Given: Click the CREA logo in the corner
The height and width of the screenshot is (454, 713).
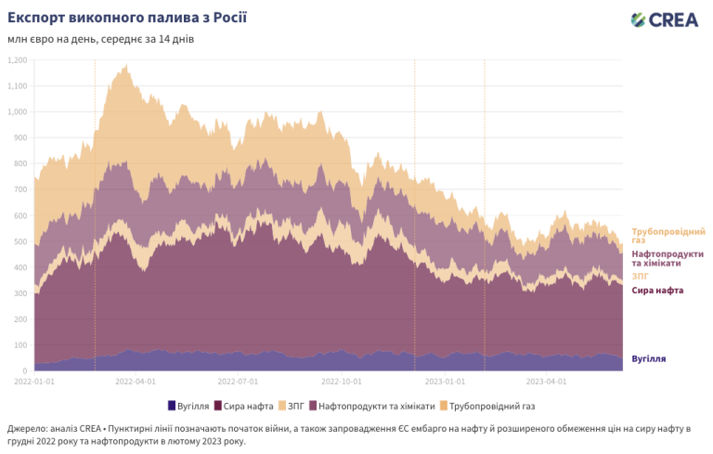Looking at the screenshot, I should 677,19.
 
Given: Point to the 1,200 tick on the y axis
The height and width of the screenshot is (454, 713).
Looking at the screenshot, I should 17,60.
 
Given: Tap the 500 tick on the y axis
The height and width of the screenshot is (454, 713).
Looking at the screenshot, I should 19,241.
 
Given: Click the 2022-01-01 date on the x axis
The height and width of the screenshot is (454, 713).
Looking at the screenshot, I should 35,381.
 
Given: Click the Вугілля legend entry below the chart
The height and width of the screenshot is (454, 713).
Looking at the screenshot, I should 189,406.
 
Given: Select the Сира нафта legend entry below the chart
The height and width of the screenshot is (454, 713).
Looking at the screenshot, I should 243,406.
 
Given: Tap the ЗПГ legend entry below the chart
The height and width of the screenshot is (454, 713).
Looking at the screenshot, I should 293,406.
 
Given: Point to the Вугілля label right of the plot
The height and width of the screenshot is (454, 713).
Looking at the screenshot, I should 649,358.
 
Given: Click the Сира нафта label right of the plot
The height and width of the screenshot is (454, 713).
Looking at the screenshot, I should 658,291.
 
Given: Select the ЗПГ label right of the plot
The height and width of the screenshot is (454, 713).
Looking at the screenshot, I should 641,277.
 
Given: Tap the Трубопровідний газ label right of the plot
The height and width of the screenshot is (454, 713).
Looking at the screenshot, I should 668,235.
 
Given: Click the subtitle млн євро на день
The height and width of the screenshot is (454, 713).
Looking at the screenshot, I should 101,39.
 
